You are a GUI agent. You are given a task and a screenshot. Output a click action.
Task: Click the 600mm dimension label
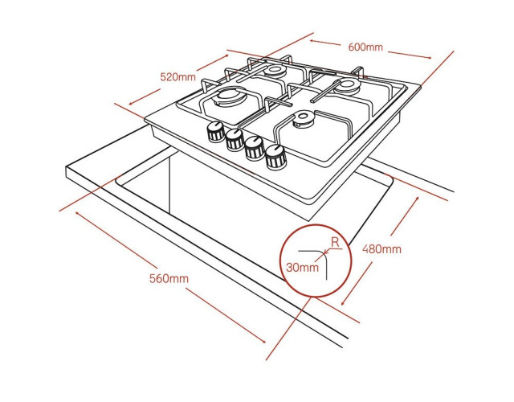pos(365,47)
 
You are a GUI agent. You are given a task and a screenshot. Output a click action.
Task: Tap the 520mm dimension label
pos(177,77)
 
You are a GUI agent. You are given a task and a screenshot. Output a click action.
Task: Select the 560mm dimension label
pos(169,279)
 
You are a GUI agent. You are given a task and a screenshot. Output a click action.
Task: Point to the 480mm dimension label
pos(381,249)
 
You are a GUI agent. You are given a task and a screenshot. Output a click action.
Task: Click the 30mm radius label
pos(302,268)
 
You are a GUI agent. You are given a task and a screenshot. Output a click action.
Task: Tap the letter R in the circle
pos(335,242)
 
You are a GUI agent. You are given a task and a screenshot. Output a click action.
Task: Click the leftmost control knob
pos(216,131)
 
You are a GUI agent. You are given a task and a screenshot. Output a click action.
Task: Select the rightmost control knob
pos(275,157)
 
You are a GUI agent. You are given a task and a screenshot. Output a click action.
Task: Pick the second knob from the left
pos(235,139)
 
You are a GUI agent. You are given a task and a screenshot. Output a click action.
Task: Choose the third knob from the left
pos(255,148)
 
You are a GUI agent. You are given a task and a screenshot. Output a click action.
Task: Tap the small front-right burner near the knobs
pos(302,118)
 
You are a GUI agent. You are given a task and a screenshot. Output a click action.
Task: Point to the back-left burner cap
pos(274,71)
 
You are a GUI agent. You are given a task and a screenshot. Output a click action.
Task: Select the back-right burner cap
pos(347,85)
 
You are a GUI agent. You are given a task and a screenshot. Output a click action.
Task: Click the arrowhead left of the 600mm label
pos(312,41)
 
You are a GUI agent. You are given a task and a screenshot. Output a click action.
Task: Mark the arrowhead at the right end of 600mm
pos(429,58)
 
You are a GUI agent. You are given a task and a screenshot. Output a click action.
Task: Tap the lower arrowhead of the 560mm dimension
pos(263,341)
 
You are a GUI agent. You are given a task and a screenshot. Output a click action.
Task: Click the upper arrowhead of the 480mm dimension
pos(417,199)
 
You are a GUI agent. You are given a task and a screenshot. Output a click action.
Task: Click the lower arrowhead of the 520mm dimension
pos(131,103)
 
